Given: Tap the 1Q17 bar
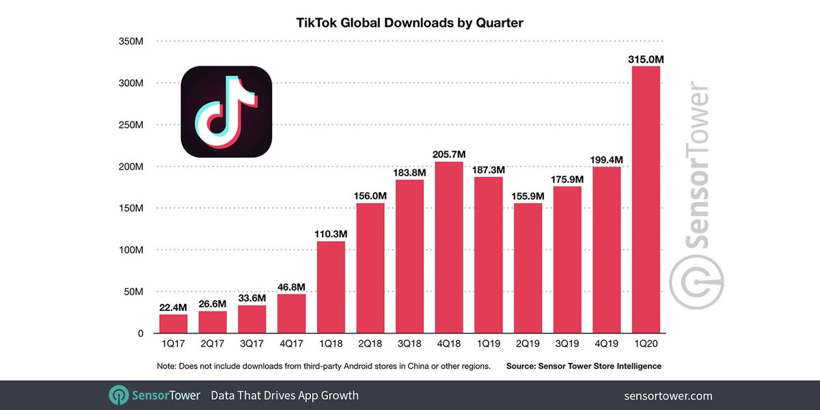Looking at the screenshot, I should tap(173, 324).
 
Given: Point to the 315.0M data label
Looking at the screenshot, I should tap(646, 60).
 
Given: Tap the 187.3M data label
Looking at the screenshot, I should tap(489, 169).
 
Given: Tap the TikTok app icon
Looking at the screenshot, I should tap(226, 111).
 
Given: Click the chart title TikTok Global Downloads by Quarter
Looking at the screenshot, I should tap(409, 23).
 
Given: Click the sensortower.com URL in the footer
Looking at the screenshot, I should tap(668, 396).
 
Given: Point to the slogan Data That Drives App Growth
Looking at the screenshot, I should tap(284, 396).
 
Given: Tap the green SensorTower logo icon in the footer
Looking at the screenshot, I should tap(119, 396).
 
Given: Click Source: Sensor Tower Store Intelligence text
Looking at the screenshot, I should tap(584, 366).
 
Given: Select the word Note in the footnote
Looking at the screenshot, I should tap(166, 366).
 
